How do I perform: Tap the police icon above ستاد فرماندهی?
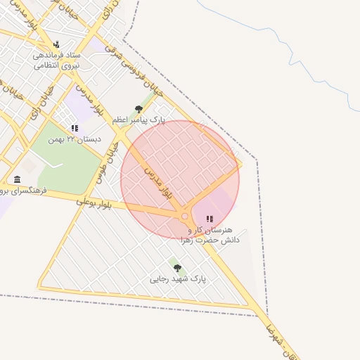(56, 45)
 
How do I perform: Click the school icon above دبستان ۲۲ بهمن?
(75, 128)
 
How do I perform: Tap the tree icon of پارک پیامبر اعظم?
(139, 109)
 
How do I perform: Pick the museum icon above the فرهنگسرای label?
(17, 179)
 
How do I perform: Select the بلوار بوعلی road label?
(95, 203)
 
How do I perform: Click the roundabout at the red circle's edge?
(185, 217)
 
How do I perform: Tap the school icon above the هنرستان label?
(209, 219)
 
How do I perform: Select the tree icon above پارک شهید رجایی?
(177, 268)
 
